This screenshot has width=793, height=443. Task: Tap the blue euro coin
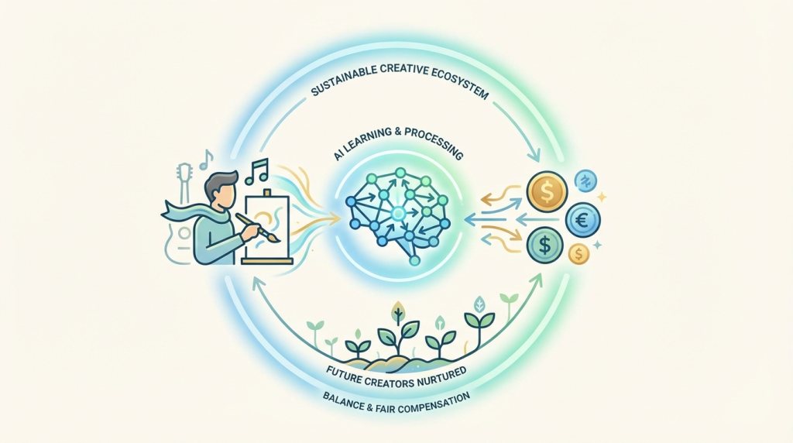(x=582, y=219)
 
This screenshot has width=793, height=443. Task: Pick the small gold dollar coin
(x=578, y=253)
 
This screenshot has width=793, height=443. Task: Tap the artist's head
(x=219, y=189)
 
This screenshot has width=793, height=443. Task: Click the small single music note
(x=205, y=160)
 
